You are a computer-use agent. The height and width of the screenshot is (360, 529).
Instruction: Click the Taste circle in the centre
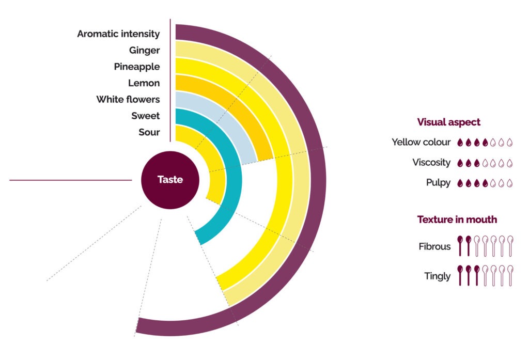[170, 180]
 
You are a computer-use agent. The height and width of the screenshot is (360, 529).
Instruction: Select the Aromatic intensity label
[118, 34]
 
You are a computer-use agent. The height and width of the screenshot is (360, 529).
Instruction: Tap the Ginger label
[144, 51]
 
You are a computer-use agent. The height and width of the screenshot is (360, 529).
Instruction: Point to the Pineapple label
[136, 67]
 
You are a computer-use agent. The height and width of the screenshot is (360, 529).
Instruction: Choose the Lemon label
[144, 83]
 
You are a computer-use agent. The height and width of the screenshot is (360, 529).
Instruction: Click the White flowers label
[128, 100]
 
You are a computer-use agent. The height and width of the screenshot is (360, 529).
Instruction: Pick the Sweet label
[145, 116]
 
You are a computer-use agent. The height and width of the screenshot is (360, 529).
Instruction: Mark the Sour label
[149, 133]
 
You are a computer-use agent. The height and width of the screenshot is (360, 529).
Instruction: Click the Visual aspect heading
[448, 122]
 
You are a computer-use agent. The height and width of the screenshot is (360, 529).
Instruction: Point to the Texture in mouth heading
[457, 220]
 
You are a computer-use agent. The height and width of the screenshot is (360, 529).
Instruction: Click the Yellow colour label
[421, 142]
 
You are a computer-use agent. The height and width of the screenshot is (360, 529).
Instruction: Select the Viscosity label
[431, 163]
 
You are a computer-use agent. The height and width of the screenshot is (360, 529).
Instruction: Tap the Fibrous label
[434, 247]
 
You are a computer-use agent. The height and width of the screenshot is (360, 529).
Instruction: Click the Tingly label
[437, 276]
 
